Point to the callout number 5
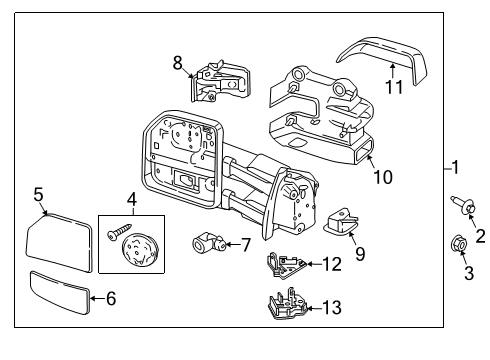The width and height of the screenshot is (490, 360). click(38, 195)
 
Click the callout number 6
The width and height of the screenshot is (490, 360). click(111, 297)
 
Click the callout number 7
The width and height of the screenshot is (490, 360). click(245, 243)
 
